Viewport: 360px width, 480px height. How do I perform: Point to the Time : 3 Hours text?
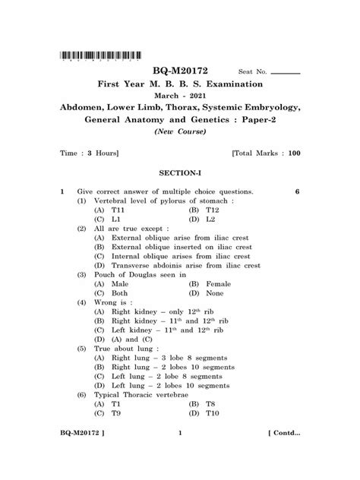click(x=90, y=153)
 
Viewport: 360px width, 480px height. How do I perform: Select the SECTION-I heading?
click(x=180, y=174)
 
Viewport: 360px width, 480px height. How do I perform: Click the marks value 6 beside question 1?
click(x=298, y=191)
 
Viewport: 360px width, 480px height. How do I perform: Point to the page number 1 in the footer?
click(x=180, y=454)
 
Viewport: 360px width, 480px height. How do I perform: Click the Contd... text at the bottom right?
click(x=283, y=454)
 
